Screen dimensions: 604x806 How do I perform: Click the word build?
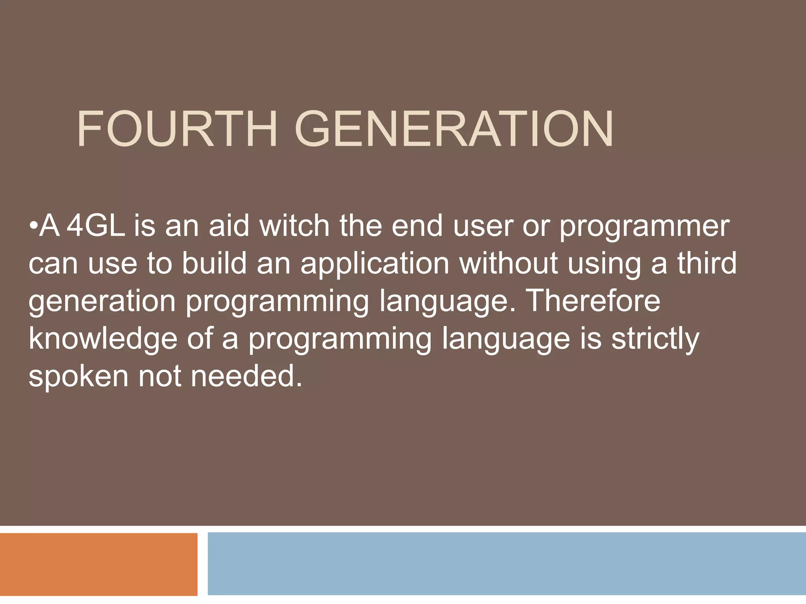[214, 263]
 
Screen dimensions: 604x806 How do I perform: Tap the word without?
[508, 263]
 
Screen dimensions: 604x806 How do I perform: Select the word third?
[707, 263]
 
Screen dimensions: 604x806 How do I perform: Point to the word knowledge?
[103, 339]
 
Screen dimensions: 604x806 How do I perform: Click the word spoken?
[78, 377]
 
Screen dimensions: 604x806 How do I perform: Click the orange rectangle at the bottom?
[98, 564]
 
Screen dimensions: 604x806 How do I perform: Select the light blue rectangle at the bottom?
[506, 563]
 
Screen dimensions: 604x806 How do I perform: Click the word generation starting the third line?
[102, 302]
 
